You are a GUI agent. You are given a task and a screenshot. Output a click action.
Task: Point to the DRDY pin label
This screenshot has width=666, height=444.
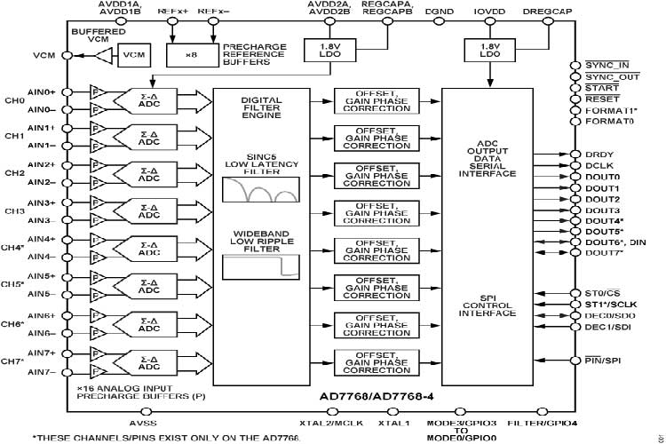pyautogui.click(x=600, y=155)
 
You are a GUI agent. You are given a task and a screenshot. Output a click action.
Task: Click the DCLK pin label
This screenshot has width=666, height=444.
pyautogui.click(x=600, y=165)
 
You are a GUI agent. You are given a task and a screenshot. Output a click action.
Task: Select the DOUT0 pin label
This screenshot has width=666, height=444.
pyautogui.click(x=602, y=177)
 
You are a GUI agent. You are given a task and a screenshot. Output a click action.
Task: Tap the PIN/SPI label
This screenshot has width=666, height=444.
pyautogui.click(x=602, y=360)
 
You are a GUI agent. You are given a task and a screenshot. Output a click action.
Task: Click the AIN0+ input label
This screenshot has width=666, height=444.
pyautogui.click(x=42, y=91)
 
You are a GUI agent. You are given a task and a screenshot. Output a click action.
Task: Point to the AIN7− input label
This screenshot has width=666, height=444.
pyautogui.click(x=42, y=371)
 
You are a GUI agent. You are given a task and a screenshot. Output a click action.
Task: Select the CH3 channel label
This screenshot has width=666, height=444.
pyautogui.click(x=14, y=211)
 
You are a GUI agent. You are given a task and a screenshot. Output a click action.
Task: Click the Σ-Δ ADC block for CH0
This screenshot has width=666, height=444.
pyautogui.click(x=148, y=100)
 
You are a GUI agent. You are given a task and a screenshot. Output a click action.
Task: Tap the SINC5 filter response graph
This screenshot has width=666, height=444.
pyautogui.click(x=260, y=189)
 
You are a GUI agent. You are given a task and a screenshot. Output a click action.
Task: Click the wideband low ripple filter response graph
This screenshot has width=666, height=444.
pyautogui.click(x=260, y=267)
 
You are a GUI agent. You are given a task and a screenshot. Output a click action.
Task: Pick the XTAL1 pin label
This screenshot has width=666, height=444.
pyautogui.click(x=393, y=423)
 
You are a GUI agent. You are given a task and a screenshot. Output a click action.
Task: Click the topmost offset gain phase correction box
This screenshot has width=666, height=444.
pyautogui.click(x=371, y=100)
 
